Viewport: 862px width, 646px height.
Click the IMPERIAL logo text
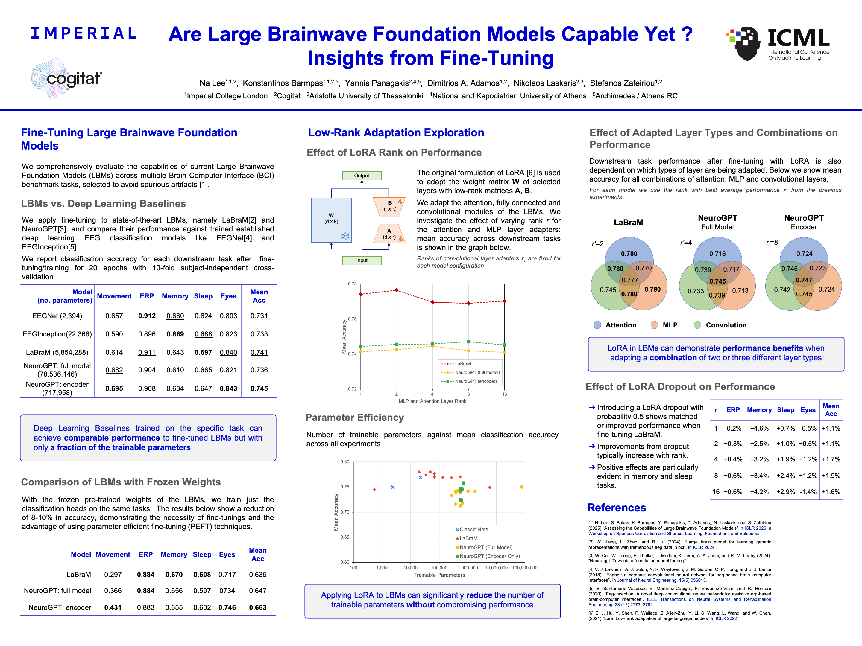[84, 33]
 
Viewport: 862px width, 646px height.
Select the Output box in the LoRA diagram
[362, 176]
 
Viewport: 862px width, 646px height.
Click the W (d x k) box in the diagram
[331, 220]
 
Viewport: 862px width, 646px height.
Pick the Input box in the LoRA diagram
[362, 260]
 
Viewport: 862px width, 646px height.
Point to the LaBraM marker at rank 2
[397, 290]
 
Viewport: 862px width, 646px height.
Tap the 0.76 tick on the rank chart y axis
[352, 319]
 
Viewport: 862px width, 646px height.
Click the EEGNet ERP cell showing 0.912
[147, 316]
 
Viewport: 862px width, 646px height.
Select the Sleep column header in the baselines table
[203, 296]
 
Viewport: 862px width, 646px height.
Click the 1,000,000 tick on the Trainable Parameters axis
[468, 568]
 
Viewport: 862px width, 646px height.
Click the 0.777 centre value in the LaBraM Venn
[630, 280]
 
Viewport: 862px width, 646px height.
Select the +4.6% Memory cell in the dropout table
[759, 428]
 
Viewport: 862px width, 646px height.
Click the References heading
[617, 508]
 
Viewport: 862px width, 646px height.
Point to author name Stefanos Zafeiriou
[622, 83]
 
